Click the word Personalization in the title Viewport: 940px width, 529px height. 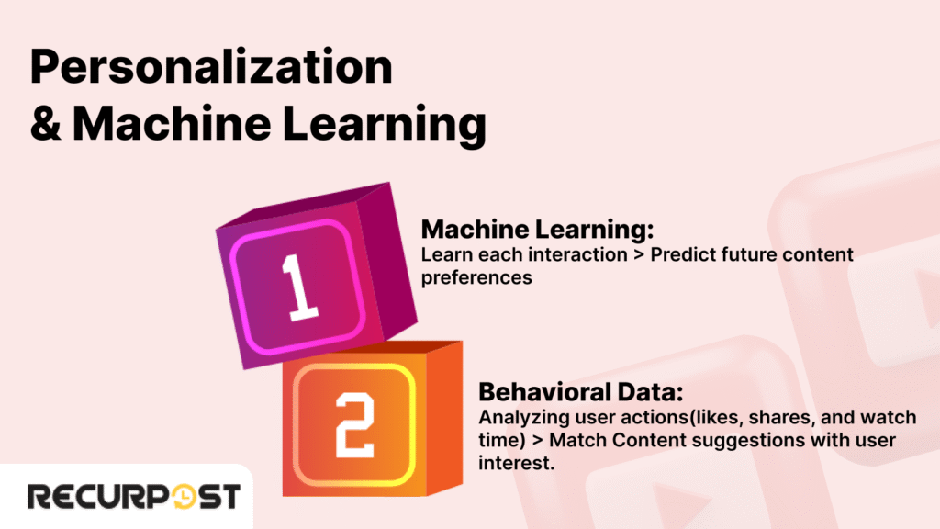click(x=211, y=70)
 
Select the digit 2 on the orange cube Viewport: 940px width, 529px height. click(x=352, y=425)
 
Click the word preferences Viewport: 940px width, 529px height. click(x=476, y=276)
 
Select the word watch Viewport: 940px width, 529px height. click(x=890, y=418)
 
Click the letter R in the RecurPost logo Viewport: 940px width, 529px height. click(x=39, y=497)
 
